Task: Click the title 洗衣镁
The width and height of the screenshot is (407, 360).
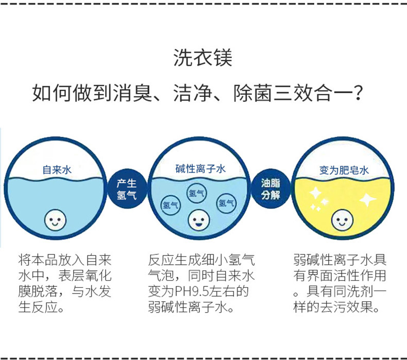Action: tap(203, 58)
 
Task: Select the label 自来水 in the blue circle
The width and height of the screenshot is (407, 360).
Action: tap(57, 169)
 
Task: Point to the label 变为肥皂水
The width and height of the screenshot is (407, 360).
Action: tap(344, 170)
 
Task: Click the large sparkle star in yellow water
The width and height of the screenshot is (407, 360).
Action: tap(367, 199)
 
